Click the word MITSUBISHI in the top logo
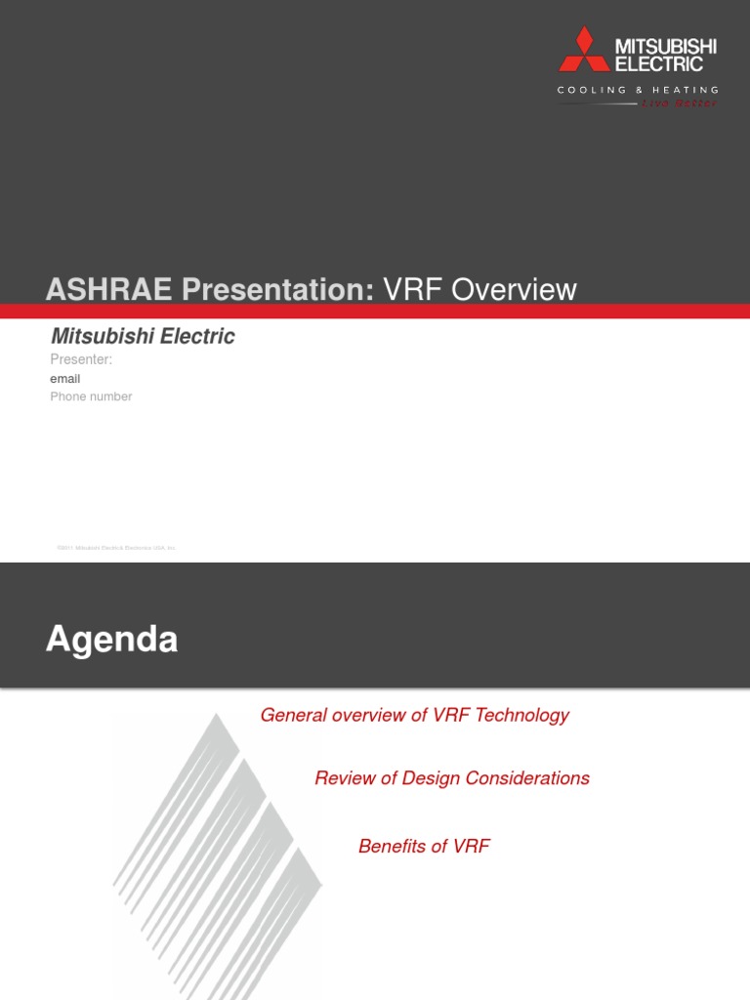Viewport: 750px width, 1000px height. tap(665, 47)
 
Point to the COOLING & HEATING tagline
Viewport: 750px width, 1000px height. tap(638, 90)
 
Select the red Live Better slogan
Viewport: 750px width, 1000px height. tap(678, 103)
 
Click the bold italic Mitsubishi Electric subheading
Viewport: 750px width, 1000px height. tap(143, 337)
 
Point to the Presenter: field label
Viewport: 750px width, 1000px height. tap(81, 359)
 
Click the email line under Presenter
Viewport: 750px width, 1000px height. tap(65, 378)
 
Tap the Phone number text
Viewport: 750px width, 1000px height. tap(91, 396)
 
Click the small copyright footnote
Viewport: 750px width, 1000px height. tap(116, 548)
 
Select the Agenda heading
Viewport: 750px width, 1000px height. tap(112, 640)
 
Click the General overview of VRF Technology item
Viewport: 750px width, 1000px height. tap(414, 716)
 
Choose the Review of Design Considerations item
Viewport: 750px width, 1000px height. tap(452, 778)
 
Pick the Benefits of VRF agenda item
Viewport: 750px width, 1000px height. tap(424, 847)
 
